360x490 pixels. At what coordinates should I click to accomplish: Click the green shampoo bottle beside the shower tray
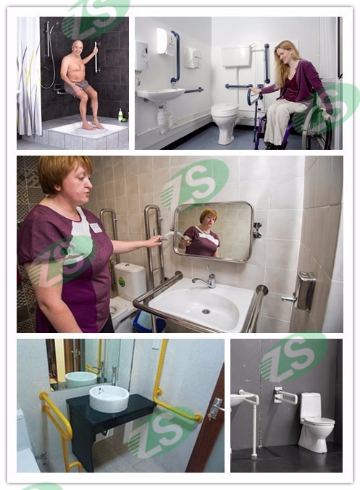point(120,114)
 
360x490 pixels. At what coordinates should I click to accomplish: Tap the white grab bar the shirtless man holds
point(96,57)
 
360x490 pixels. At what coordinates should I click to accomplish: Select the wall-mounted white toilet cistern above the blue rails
point(236,56)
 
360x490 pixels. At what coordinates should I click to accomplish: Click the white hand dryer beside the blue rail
point(193,57)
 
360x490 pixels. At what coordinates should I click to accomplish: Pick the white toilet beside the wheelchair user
point(225,122)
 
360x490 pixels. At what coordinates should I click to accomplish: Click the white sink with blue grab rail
point(161,94)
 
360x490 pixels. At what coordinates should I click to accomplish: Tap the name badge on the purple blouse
point(96,228)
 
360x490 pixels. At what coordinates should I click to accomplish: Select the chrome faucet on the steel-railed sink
point(206,279)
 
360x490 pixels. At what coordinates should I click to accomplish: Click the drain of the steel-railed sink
point(206,311)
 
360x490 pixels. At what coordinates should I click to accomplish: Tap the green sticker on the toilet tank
point(122,282)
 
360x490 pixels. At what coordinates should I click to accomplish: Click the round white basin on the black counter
point(109,399)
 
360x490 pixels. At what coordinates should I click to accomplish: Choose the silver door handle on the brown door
point(215,408)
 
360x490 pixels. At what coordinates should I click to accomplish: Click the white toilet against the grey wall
point(315,422)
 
